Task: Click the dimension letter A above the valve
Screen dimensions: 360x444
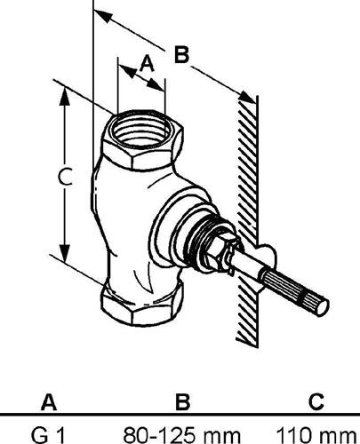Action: pos(148,64)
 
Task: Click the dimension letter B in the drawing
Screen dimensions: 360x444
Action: pos(181,54)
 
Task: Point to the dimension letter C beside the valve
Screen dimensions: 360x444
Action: pos(65,177)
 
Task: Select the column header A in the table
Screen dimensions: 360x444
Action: pos(49,402)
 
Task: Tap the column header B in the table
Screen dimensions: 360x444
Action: pos(182,402)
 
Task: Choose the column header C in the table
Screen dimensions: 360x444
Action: pos(316,402)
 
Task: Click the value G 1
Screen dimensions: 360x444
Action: pos(47,435)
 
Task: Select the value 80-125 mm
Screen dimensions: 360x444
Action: pos(181,435)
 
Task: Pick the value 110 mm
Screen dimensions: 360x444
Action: pos(316,435)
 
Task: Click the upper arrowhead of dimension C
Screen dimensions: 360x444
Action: pos(65,95)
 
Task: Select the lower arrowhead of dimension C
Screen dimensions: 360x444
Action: pos(65,253)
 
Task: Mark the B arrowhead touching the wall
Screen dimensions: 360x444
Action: pos(247,97)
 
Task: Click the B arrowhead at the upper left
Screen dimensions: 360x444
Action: pos(103,15)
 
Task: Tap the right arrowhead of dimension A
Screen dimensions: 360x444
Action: pos(156,84)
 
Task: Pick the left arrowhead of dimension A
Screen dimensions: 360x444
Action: pos(127,71)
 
